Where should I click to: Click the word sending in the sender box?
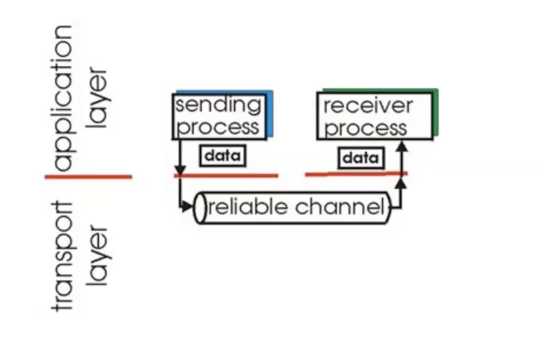click(x=218, y=105)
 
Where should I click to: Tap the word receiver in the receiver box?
click(x=368, y=105)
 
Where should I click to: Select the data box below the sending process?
click(x=223, y=155)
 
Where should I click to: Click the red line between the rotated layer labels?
click(x=89, y=177)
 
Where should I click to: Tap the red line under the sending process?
click(x=229, y=175)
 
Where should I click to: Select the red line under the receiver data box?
click(x=355, y=174)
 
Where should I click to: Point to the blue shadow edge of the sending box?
click(x=270, y=115)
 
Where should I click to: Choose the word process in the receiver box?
click(x=365, y=128)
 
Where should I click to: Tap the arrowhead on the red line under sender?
click(x=180, y=170)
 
